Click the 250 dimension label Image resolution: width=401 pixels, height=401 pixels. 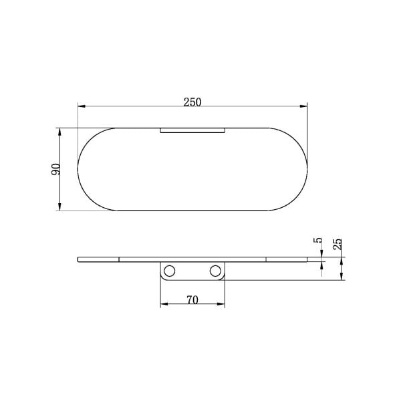pyautogui.click(x=192, y=102)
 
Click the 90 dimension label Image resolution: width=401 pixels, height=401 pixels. pyautogui.click(x=55, y=169)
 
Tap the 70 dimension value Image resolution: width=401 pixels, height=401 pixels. pyautogui.click(x=192, y=300)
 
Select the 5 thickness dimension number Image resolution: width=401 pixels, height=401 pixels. pyautogui.click(x=318, y=241)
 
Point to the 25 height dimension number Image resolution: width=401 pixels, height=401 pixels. pyautogui.click(x=338, y=244)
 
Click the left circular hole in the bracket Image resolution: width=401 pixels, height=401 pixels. pyautogui.click(x=169, y=271)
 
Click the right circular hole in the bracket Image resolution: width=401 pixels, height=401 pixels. pyautogui.click(x=215, y=271)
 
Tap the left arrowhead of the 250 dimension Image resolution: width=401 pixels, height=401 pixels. pyautogui.click(x=82, y=106)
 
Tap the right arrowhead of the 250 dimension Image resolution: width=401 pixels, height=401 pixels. pyautogui.click(x=303, y=106)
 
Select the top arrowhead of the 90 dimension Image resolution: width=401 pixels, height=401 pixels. pyautogui.click(x=60, y=132)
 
